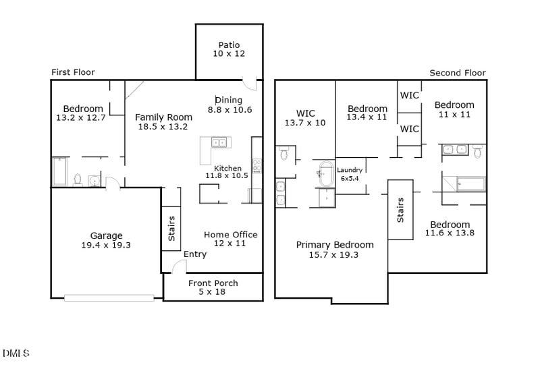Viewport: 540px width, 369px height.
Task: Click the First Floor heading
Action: (73, 72)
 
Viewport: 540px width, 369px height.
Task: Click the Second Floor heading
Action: (458, 73)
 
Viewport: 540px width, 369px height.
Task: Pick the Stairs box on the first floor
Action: (171, 228)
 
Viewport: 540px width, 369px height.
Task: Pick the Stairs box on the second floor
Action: (400, 210)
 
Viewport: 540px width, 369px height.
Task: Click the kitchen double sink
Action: (219, 142)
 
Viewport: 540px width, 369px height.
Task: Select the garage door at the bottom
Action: (109, 297)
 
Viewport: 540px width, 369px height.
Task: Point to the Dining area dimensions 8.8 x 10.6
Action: (230, 109)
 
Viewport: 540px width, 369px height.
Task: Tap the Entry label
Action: (195, 255)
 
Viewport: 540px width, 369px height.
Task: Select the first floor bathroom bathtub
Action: (59, 171)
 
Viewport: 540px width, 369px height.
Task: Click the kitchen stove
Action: (256, 165)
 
